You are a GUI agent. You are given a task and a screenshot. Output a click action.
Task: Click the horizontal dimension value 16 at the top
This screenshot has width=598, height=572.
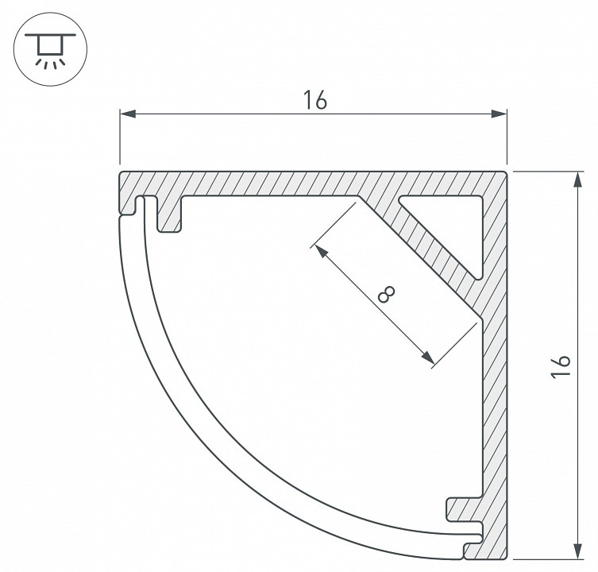315,100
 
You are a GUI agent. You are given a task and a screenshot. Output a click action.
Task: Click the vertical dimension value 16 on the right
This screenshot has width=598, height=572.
560,366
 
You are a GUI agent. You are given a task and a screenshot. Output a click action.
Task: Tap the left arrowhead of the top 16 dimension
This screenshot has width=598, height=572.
128,114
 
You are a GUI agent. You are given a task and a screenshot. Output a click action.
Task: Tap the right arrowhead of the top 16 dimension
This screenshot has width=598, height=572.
499,114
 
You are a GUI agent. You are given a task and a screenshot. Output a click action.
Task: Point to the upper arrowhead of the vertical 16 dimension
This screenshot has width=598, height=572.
579,180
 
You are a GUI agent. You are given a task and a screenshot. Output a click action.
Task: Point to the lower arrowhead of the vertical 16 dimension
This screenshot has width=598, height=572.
579,551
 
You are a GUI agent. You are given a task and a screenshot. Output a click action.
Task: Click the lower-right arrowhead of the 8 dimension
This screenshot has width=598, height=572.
428,358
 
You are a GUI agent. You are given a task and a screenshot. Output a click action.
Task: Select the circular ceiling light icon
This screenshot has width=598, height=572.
50,49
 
